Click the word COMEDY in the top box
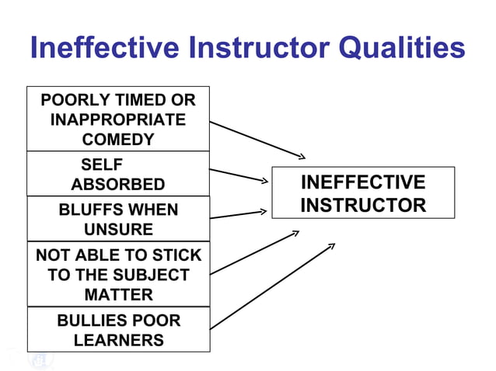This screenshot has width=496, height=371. click(118, 140)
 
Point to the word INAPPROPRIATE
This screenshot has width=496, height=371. click(118, 120)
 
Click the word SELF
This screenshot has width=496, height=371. click(101, 165)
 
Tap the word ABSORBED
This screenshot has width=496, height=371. click(118, 185)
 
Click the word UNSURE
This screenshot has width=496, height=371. click(118, 230)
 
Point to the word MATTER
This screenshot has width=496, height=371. click(118, 295)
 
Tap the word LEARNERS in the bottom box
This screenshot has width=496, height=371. click(118, 340)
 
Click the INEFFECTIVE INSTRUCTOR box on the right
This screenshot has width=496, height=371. click(362, 193)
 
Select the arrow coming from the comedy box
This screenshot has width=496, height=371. click(257, 139)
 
